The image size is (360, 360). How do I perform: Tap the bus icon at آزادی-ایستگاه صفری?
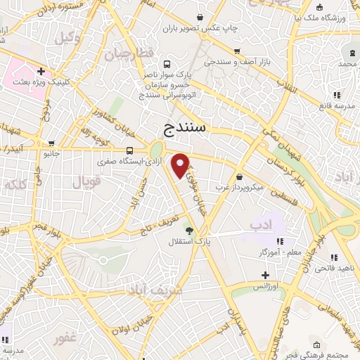click(x=129, y=150)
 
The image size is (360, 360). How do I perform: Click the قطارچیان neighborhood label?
click(x=129, y=53)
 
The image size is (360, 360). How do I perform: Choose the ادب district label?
click(x=259, y=224)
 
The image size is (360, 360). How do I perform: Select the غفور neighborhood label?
click(x=65, y=339)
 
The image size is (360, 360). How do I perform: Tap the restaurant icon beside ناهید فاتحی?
click(x=333, y=257)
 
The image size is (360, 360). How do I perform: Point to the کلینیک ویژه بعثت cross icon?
click(x=41, y=71)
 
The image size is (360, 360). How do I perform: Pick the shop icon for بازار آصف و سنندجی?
click(x=238, y=50)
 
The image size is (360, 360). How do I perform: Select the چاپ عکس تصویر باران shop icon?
click(x=202, y=17)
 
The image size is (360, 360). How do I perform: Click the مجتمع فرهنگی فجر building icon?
click(x=316, y=345)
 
